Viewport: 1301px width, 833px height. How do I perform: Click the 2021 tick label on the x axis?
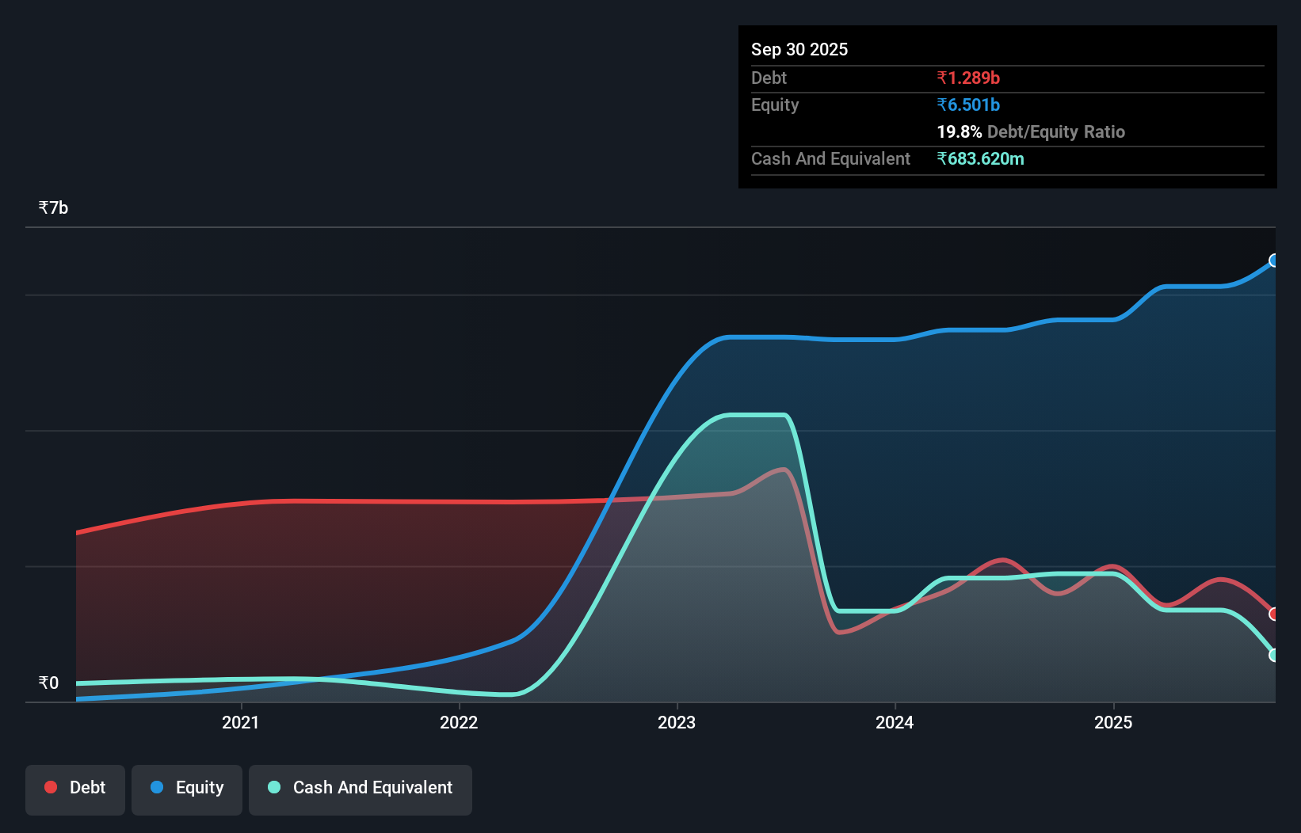(240, 722)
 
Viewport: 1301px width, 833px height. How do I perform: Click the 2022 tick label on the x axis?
(459, 722)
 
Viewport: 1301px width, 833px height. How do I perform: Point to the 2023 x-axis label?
(677, 722)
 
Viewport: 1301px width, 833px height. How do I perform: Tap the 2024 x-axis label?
(895, 722)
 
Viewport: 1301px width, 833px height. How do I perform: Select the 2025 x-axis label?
(1113, 722)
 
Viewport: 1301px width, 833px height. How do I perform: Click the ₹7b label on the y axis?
(53, 207)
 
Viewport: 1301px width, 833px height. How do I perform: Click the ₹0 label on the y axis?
(48, 683)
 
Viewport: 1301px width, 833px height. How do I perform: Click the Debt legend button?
(75, 788)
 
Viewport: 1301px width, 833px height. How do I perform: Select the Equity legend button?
(187, 788)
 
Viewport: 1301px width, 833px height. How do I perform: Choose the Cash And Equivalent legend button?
(361, 788)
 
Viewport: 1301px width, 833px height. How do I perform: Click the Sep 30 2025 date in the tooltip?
(799, 49)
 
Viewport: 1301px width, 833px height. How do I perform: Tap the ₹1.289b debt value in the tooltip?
(968, 78)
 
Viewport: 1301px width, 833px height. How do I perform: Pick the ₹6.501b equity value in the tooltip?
(968, 105)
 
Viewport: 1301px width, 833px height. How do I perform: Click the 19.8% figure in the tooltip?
(959, 131)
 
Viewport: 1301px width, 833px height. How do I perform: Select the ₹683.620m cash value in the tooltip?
(980, 158)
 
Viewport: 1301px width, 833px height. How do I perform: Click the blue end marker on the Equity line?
(1274, 261)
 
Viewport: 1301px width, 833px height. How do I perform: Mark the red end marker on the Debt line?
(1274, 614)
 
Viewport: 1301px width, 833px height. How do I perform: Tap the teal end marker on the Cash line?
(1274, 655)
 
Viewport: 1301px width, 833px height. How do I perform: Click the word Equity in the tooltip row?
(775, 105)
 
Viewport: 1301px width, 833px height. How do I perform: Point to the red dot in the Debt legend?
(51, 787)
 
